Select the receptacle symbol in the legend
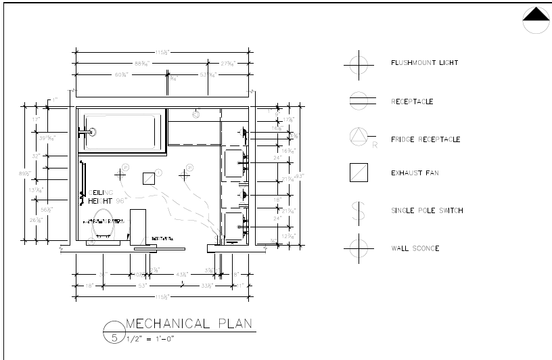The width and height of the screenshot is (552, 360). [358, 102]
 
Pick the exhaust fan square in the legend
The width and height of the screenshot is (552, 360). [358, 173]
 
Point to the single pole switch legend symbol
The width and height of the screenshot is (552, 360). [358, 210]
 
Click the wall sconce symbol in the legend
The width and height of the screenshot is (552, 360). [358, 247]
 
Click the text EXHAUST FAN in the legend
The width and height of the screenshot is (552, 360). [414, 173]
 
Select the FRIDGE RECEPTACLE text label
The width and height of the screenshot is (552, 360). [425, 139]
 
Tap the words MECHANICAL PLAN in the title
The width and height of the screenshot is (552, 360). [189, 323]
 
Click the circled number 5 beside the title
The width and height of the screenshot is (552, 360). [114, 336]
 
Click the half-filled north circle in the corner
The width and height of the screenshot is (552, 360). [536, 20]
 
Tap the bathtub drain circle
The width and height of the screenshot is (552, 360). [93, 133]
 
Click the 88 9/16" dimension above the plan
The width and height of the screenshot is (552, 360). [142, 64]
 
